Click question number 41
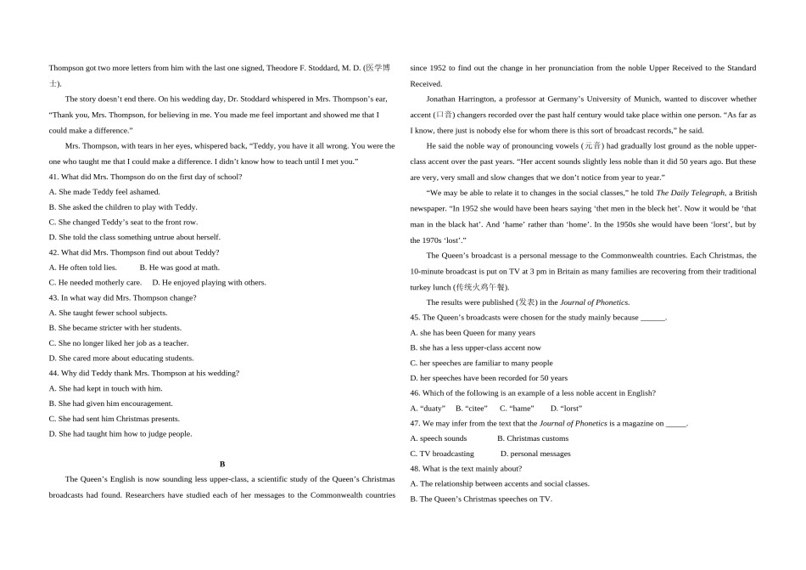pos(54,177)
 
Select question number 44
pos(54,373)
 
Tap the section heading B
pos(222,464)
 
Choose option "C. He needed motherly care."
pos(95,283)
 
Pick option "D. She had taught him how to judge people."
pos(120,434)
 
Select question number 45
pos(416,318)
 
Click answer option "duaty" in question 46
pos(428,409)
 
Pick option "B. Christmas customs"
pos(533,438)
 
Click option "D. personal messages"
pos(535,454)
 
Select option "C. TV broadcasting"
pos(442,454)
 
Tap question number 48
pos(416,469)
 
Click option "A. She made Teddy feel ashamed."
pos(104,192)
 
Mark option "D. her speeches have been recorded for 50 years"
pos(489,378)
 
